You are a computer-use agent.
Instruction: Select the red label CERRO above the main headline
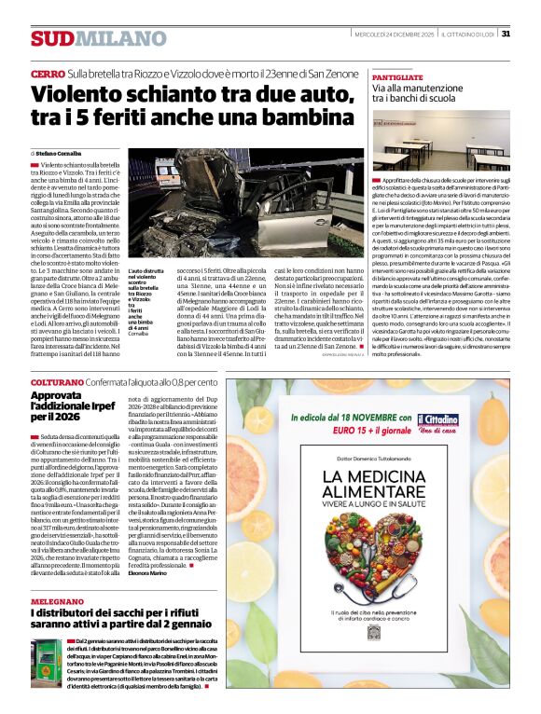47,73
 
